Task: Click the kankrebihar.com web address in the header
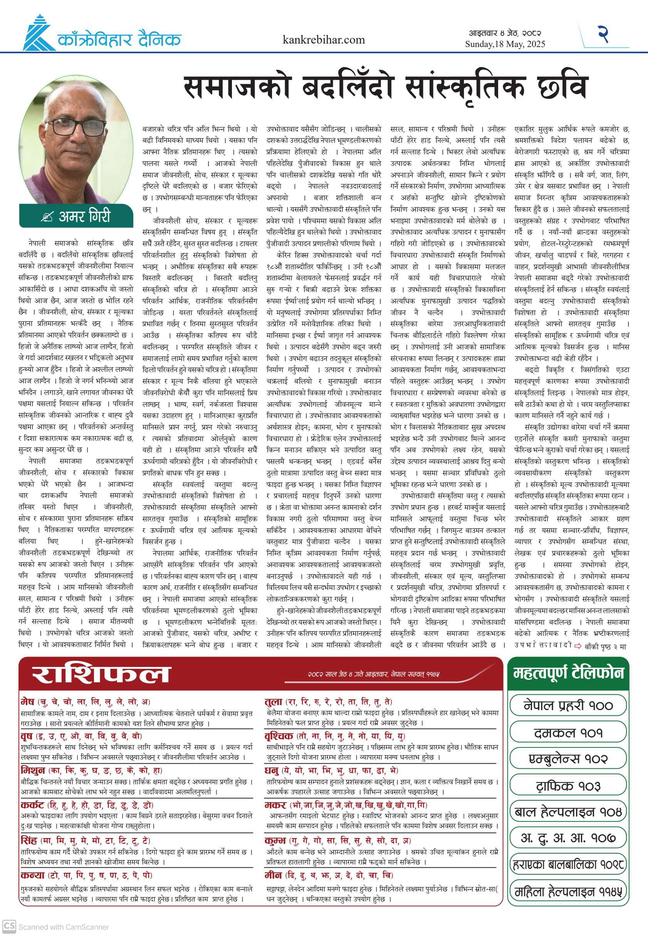tap(324, 40)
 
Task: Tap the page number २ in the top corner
tap(603, 34)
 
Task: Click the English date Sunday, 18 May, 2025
tap(505, 44)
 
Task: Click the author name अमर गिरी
tap(84, 216)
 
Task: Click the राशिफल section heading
tap(100, 674)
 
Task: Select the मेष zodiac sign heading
tap(28, 702)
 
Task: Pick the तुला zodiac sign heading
tap(274, 702)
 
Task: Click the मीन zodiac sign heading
tap(274, 875)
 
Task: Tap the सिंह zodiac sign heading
tap(29, 840)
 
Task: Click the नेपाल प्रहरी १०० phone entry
tap(567, 705)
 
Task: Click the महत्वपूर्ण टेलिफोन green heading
tap(567, 673)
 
